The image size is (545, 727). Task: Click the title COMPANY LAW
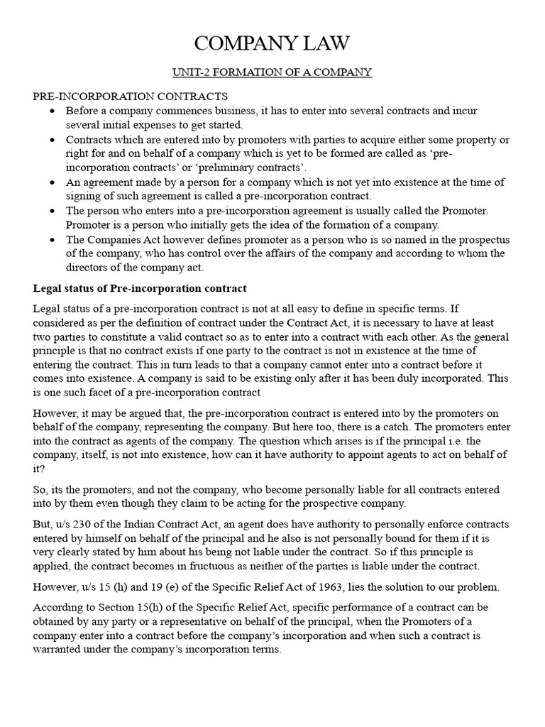pos(272,43)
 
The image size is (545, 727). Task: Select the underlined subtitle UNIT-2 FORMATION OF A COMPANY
pos(272,72)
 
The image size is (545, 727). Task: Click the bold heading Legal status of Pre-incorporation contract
pos(140,288)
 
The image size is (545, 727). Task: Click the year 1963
pos(311,586)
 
